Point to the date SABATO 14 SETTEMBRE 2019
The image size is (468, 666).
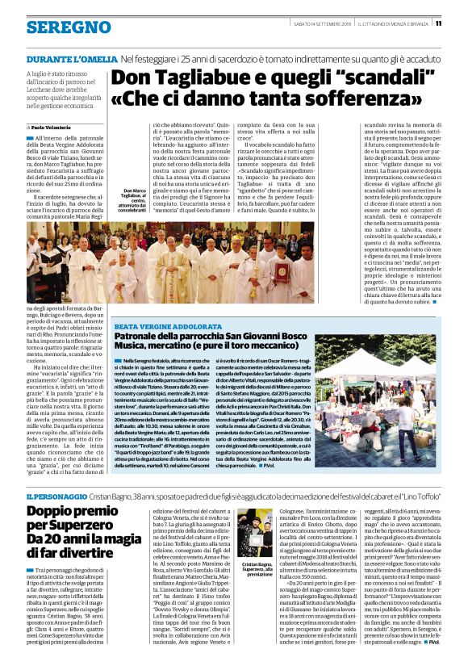(315, 23)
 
